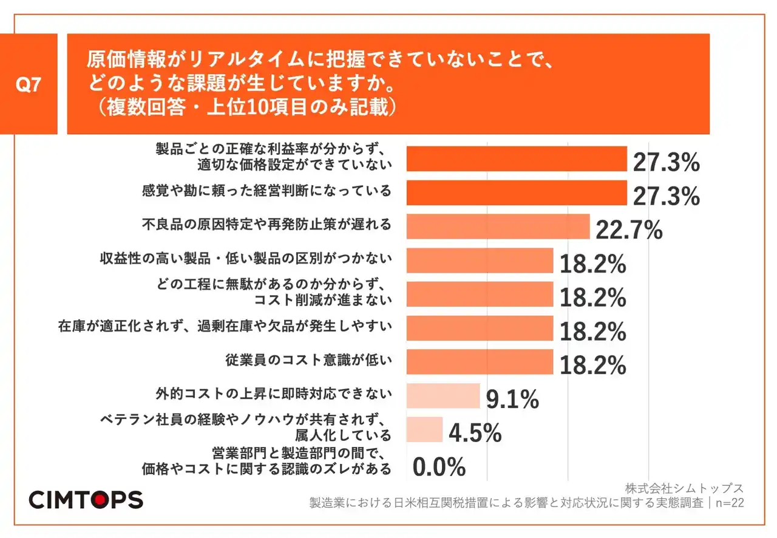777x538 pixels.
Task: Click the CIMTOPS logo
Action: [x=86, y=500]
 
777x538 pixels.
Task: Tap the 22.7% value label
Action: [x=629, y=230]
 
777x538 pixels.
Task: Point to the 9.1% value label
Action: [x=512, y=399]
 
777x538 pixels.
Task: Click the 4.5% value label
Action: [x=475, y=433]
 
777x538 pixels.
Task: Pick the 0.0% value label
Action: [x=439, y=467]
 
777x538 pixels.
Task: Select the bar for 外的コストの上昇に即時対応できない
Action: [x=443, y=395]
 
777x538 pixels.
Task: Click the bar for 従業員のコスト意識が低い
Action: [x=479, y=361]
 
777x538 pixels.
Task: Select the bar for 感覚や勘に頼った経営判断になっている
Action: [x=516, y=192]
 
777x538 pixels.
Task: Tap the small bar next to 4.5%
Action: [x=424, y=429]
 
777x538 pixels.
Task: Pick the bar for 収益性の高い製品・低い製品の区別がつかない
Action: [x=479, y=260]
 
